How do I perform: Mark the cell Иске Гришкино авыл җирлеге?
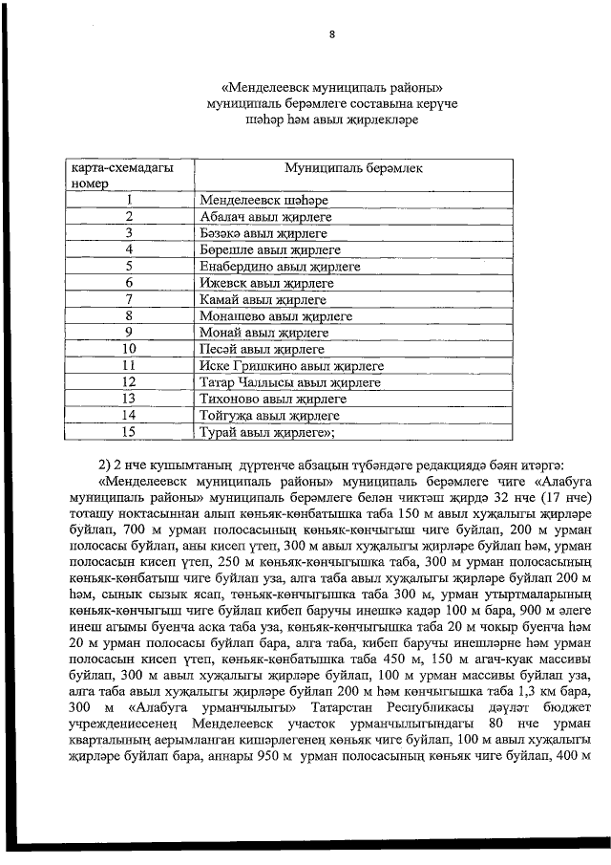pyautogui.click(x=291, y=365)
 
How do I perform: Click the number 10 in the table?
pyautogui.click(x=129, y=349)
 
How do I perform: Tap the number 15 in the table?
pyautogui.click(x=129, y=432)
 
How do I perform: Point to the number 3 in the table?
pyautogui.click(x=129, y=233)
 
